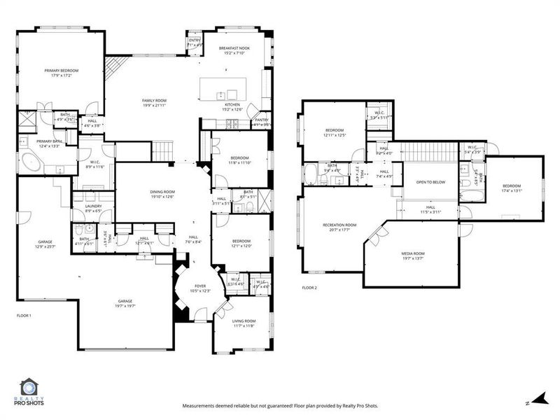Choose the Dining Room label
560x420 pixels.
coord(162,194)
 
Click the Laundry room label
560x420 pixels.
coord(94,208)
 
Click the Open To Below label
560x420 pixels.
coord(430,182)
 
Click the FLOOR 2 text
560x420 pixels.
coord(309,288)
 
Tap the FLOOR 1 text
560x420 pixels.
coord(24,316)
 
